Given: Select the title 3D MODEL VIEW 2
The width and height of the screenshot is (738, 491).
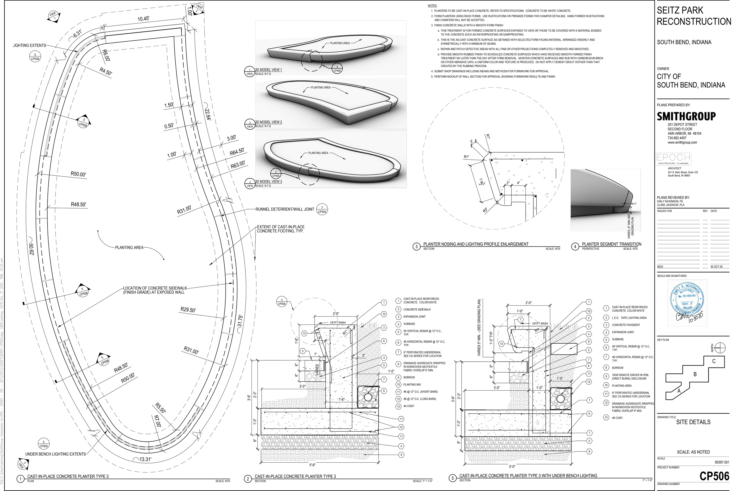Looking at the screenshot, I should pyautogui.click(x=269, y=122).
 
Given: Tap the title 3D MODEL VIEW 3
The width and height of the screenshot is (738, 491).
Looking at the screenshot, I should pyautogui.click(x=269, y=182).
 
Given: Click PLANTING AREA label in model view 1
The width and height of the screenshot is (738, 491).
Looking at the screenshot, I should pyautogui.click(x=340, y=43).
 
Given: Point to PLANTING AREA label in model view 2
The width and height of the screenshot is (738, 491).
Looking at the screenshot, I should pyautogui.click(x=321, y=88).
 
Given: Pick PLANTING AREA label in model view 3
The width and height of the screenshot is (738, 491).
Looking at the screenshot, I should pyautogui.click(x=318, y=153).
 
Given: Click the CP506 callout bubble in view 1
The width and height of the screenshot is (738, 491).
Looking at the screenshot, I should pyautogui.click(x=337, y=69).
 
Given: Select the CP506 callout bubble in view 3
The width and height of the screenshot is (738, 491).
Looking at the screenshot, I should pyautogui.click(x=276, y=174).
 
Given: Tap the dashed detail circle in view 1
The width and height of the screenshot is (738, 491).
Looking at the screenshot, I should pyautogui.click(x=312, y=61).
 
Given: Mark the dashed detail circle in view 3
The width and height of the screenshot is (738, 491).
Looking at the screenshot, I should pyautogui.click(x=309, y=174).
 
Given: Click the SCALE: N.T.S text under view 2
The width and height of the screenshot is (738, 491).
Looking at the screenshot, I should pyautogui.click(x=263, y=126).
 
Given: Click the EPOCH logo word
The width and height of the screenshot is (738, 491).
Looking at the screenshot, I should pyautogui.click(x=673, y=157).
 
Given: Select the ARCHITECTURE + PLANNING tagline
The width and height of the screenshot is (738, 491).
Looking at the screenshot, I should pyautogui.click(x=673, y=164).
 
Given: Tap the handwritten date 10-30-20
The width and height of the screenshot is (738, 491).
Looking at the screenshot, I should pyautogui.click(x=697, y=317).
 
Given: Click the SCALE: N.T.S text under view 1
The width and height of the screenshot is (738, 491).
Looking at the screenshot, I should pyautogui.click(x=263, y=74).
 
